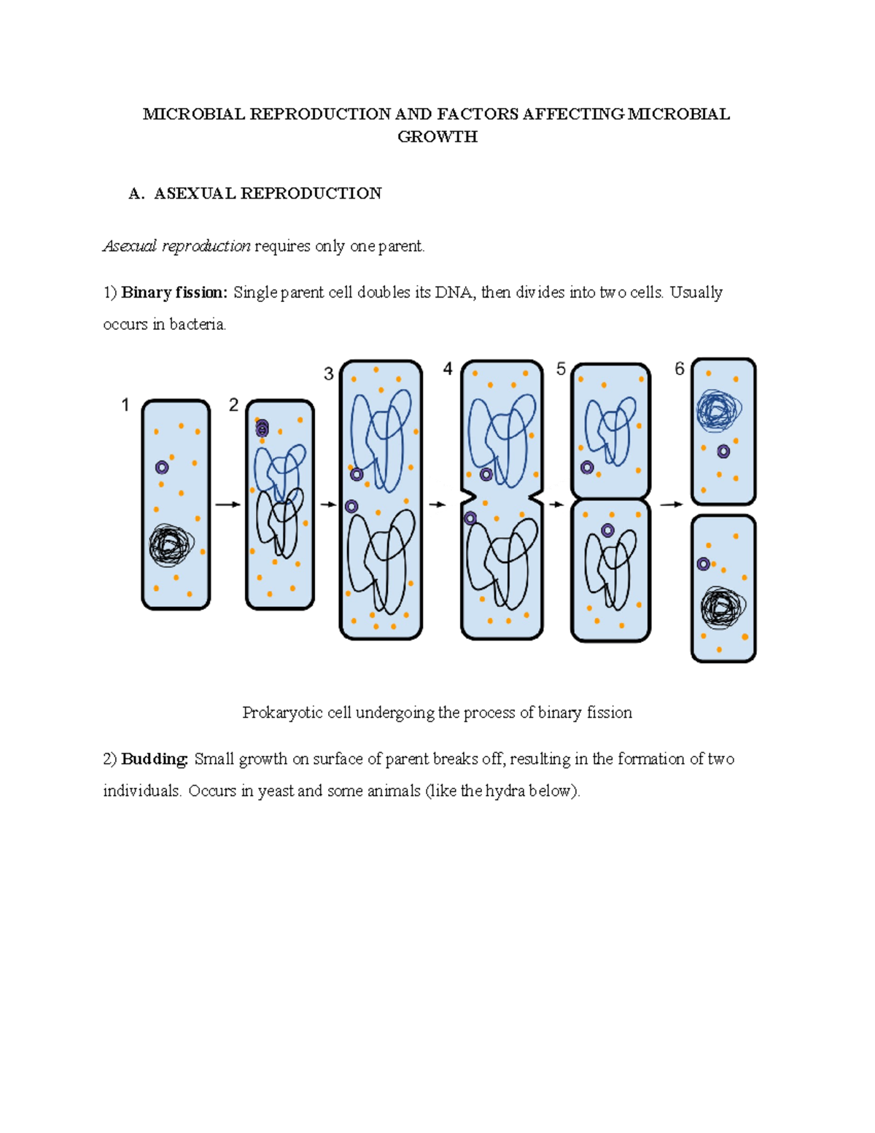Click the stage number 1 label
[x=125, y=405]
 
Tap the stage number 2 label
[x=233, y=405]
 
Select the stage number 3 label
[x=329, y=374]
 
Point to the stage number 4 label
[x=448, y=369]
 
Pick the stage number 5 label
[x=561, y=369]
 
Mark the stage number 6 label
[x=680, y=369]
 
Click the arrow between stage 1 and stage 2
[x=227, y=504]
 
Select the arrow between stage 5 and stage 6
[x=671, y=504]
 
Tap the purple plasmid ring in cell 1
[x=162, y=467]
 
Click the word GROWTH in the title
[x=437, y=136]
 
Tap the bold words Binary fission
[x=174, y=293]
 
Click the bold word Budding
[x=155, y=759]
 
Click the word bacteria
[x=198, y=325]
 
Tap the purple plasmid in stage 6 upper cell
[x=723, y=452]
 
